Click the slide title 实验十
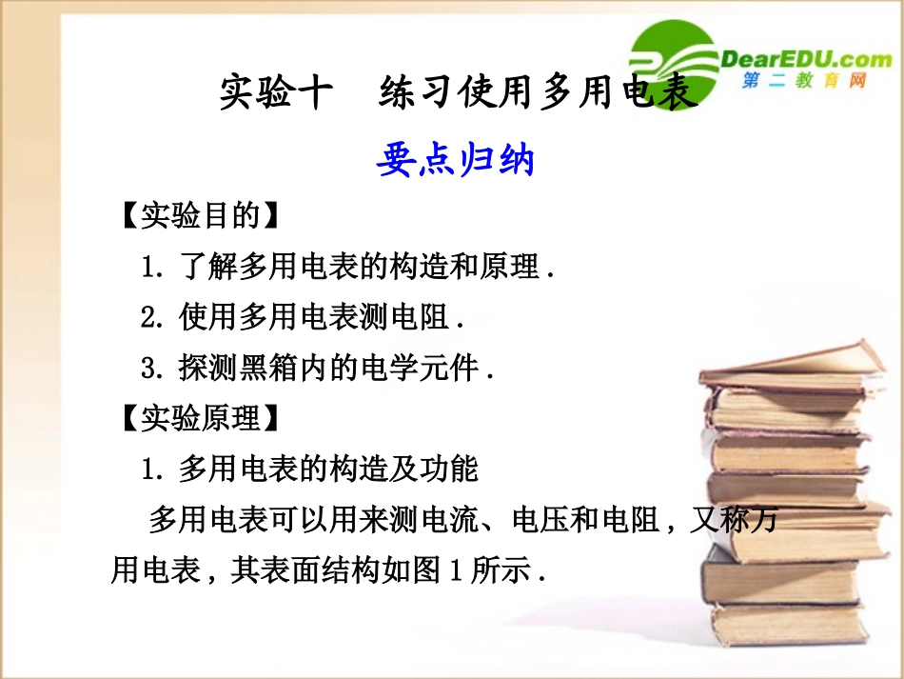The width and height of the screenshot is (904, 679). [x=276, y=94]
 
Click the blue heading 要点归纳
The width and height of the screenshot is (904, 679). [x=455, y=160]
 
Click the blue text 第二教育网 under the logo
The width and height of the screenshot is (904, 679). [x=804, y=82]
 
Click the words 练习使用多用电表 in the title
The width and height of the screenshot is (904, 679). [x=538, y=94]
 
